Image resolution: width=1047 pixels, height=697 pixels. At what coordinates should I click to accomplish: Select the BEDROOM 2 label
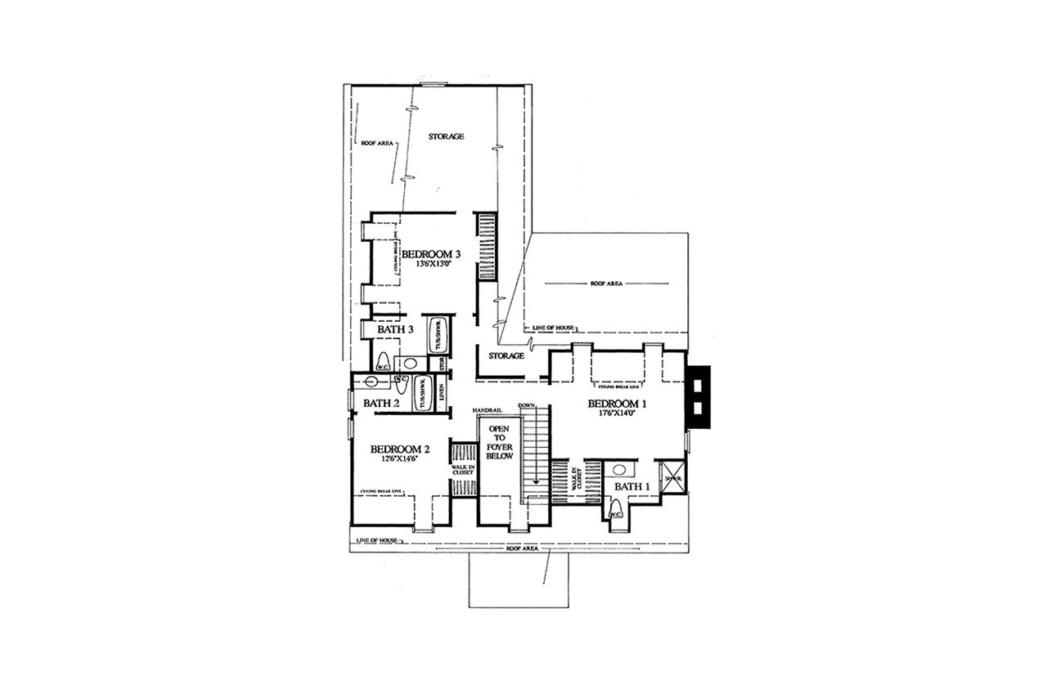(x=400, y=449)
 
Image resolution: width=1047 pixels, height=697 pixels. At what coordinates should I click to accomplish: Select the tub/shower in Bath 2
(x=422, y=394)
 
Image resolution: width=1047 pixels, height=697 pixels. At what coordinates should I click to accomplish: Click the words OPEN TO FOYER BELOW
(x=500, y=442)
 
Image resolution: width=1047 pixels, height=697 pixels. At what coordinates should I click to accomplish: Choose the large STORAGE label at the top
(x=447, y=136)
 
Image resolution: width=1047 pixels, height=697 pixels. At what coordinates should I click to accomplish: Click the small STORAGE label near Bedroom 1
(x=506, y=356)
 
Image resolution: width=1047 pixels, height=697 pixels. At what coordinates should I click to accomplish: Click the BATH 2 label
(x=381, y=403)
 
